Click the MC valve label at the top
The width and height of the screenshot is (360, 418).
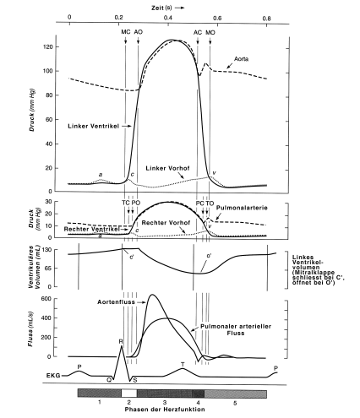point(126,32)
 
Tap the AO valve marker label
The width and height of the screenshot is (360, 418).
point(138,32)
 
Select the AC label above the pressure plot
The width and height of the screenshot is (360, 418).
point(198,32)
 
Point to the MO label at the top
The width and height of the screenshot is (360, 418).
point(210,32)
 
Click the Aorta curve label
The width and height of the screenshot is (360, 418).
point(241,59)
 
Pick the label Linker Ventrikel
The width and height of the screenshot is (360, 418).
point(93,126)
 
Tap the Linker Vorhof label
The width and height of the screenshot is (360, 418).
point(167,168)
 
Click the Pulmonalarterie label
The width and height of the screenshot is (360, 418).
point(242,208)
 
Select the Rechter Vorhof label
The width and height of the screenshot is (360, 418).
point(166,223)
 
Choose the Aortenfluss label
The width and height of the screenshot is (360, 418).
point(116,302)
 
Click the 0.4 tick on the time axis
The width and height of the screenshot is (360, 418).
point(168,18)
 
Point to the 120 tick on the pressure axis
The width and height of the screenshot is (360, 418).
point(47,46)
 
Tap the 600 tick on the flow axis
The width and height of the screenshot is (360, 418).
point(46,299)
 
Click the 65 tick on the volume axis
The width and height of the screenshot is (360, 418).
point(48,268)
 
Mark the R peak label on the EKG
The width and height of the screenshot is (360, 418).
point(121,341)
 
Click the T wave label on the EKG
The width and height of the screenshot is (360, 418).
point(183,365)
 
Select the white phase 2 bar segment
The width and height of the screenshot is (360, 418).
point(129,394)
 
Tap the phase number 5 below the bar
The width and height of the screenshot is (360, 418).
point(235,403)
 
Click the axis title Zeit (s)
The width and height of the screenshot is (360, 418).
point(161,8)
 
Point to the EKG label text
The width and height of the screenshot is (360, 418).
point(53,376)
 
